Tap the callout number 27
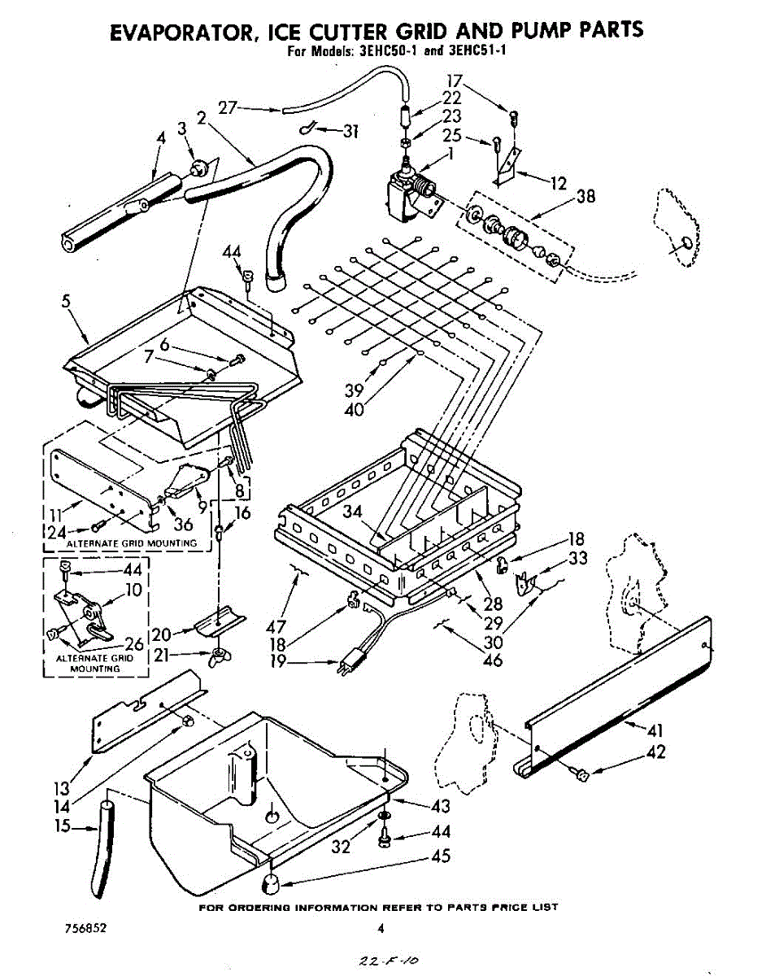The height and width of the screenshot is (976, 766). pos(228,108)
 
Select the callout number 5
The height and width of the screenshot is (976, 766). pos(66,301)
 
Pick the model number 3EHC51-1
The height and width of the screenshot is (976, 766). pos(475,50)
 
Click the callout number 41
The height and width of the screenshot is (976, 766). pos(655,730)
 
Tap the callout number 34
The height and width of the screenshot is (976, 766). pos(352,511)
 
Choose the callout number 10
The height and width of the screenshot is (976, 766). pos(133,589)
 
